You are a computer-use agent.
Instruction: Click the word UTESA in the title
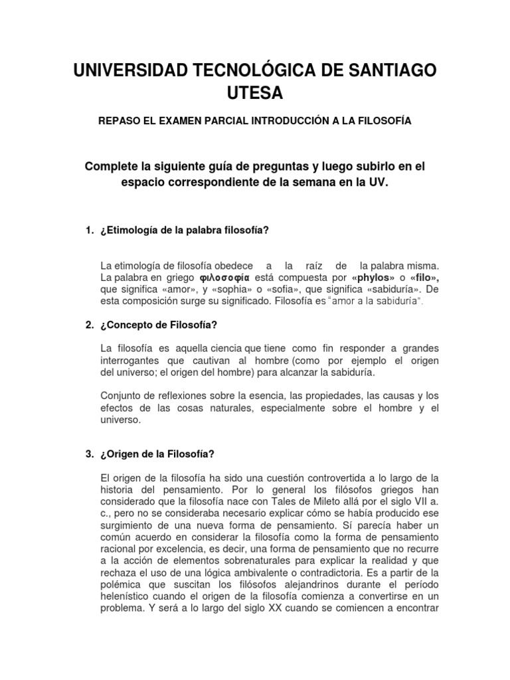pyautogui.click(x=254, y=94)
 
